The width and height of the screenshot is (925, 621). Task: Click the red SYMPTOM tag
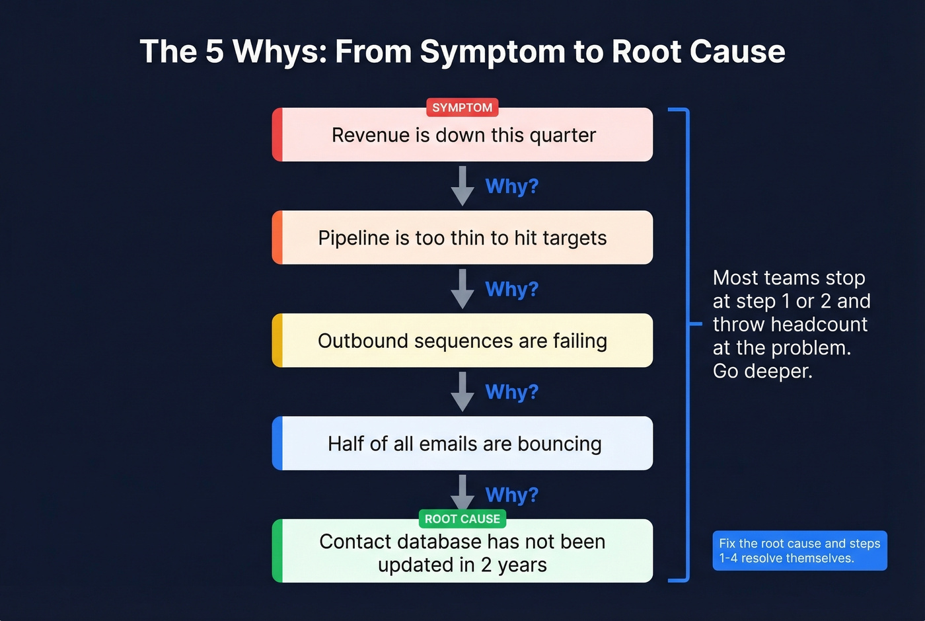[x=462, y=107]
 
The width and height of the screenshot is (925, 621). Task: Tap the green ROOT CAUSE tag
[x=462, y=519]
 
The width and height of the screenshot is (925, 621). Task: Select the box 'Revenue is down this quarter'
[x=463, y=136]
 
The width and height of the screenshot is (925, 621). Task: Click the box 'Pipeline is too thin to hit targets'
[x=462, y=238]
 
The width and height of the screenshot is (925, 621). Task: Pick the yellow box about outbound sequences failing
[x=462, y=341]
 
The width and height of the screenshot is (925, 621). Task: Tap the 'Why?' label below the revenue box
[x=511, y=186]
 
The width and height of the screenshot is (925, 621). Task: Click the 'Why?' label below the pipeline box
[x=511, y=289]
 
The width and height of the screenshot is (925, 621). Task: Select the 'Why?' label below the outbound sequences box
[x=511, y=392]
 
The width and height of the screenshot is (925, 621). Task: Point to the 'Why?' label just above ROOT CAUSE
[x=511, y=495]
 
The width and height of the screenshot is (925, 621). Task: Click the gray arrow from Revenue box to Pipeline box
[x=462, y=186]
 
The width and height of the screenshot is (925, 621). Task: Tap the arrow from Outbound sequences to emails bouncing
[x=462, y=392]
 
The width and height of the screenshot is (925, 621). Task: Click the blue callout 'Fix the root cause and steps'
[x=799, y=550]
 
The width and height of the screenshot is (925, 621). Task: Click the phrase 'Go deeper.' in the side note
[x=762, y=371]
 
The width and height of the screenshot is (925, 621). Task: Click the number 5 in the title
[x=214, y=52]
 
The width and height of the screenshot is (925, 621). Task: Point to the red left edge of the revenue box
[x=277, y=135]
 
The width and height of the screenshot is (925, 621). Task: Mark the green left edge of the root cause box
[x=277, y=551]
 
